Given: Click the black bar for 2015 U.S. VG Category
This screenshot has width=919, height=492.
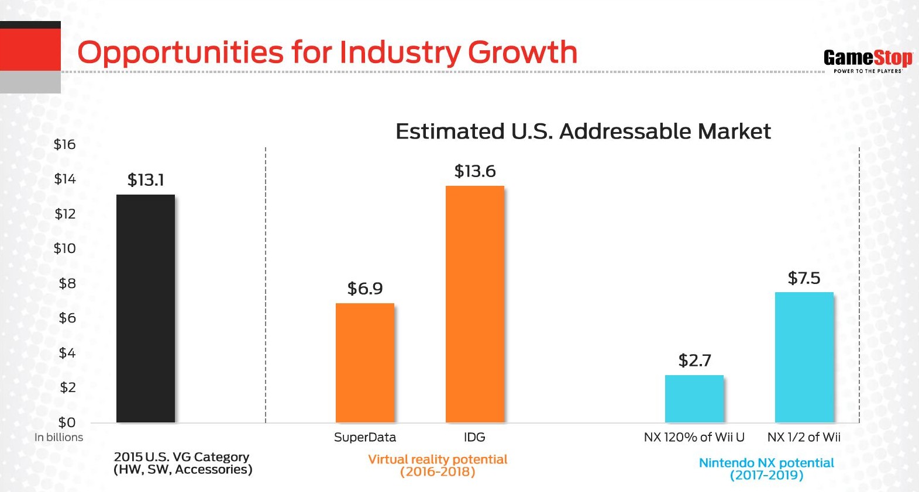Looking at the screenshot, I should (x=146, y=309).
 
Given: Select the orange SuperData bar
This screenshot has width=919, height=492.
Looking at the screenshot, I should (x=365, y=363).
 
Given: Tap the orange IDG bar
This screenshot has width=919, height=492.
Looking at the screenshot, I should (x=475, y=304).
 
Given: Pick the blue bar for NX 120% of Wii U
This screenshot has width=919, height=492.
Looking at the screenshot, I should (x=694, y=399).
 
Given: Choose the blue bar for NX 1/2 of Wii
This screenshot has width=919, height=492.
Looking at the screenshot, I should (x=804, y=357).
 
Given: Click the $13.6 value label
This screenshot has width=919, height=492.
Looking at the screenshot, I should (x=475, y=171).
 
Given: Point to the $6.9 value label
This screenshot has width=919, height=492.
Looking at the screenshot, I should (x=365, y=289).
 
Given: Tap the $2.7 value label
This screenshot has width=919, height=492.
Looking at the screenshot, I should (x=694, y=361).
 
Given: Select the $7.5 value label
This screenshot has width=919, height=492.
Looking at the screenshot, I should (x=804, y=278).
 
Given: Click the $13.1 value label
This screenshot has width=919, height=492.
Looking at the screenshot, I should (x=146, y=180).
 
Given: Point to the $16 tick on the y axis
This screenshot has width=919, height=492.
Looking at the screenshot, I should (x=65, y=144).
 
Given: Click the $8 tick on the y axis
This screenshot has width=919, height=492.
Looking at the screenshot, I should (x=67, y=283).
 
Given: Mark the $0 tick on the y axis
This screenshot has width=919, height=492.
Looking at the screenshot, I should (x=67, y=422).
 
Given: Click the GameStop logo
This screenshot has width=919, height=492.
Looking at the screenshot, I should (x=868, y=60).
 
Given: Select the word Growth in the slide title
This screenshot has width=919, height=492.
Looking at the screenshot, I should (x=522, y=53).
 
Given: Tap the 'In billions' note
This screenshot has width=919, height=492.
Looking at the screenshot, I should (x=58, y=437).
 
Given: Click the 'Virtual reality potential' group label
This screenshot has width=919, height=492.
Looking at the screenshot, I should (x=438, y=459).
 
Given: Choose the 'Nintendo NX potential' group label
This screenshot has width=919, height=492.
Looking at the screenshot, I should (x=766, y=463).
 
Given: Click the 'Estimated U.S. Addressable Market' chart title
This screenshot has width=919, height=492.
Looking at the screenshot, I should (x=583, y=131).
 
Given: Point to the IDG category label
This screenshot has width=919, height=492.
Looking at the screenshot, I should (x=474, y=437).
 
